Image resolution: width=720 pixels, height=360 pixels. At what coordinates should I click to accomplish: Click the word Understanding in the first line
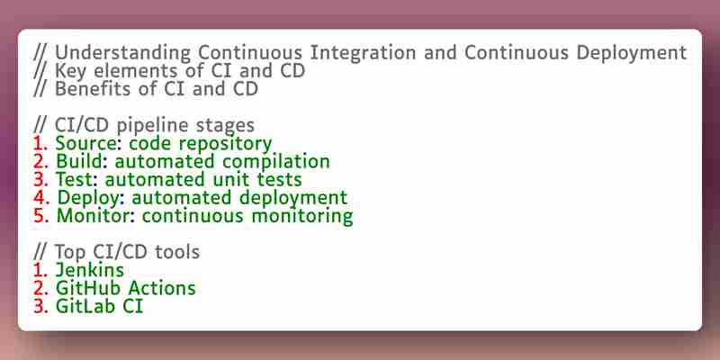click(122, 53)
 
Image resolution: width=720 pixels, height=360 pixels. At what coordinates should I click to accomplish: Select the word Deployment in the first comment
click(632, 53)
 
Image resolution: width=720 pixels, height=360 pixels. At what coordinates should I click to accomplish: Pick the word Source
click(85, 144)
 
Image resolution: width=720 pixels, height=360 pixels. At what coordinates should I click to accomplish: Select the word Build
click(82, 162)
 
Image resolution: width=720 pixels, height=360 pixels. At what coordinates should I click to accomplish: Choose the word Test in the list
click(76, 179)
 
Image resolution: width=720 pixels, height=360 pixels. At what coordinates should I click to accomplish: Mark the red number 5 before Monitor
click(40, 216)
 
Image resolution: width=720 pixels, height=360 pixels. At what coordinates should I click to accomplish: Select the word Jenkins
click(89, 269)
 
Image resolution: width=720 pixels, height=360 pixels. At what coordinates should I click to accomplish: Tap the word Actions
click(162, 288)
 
